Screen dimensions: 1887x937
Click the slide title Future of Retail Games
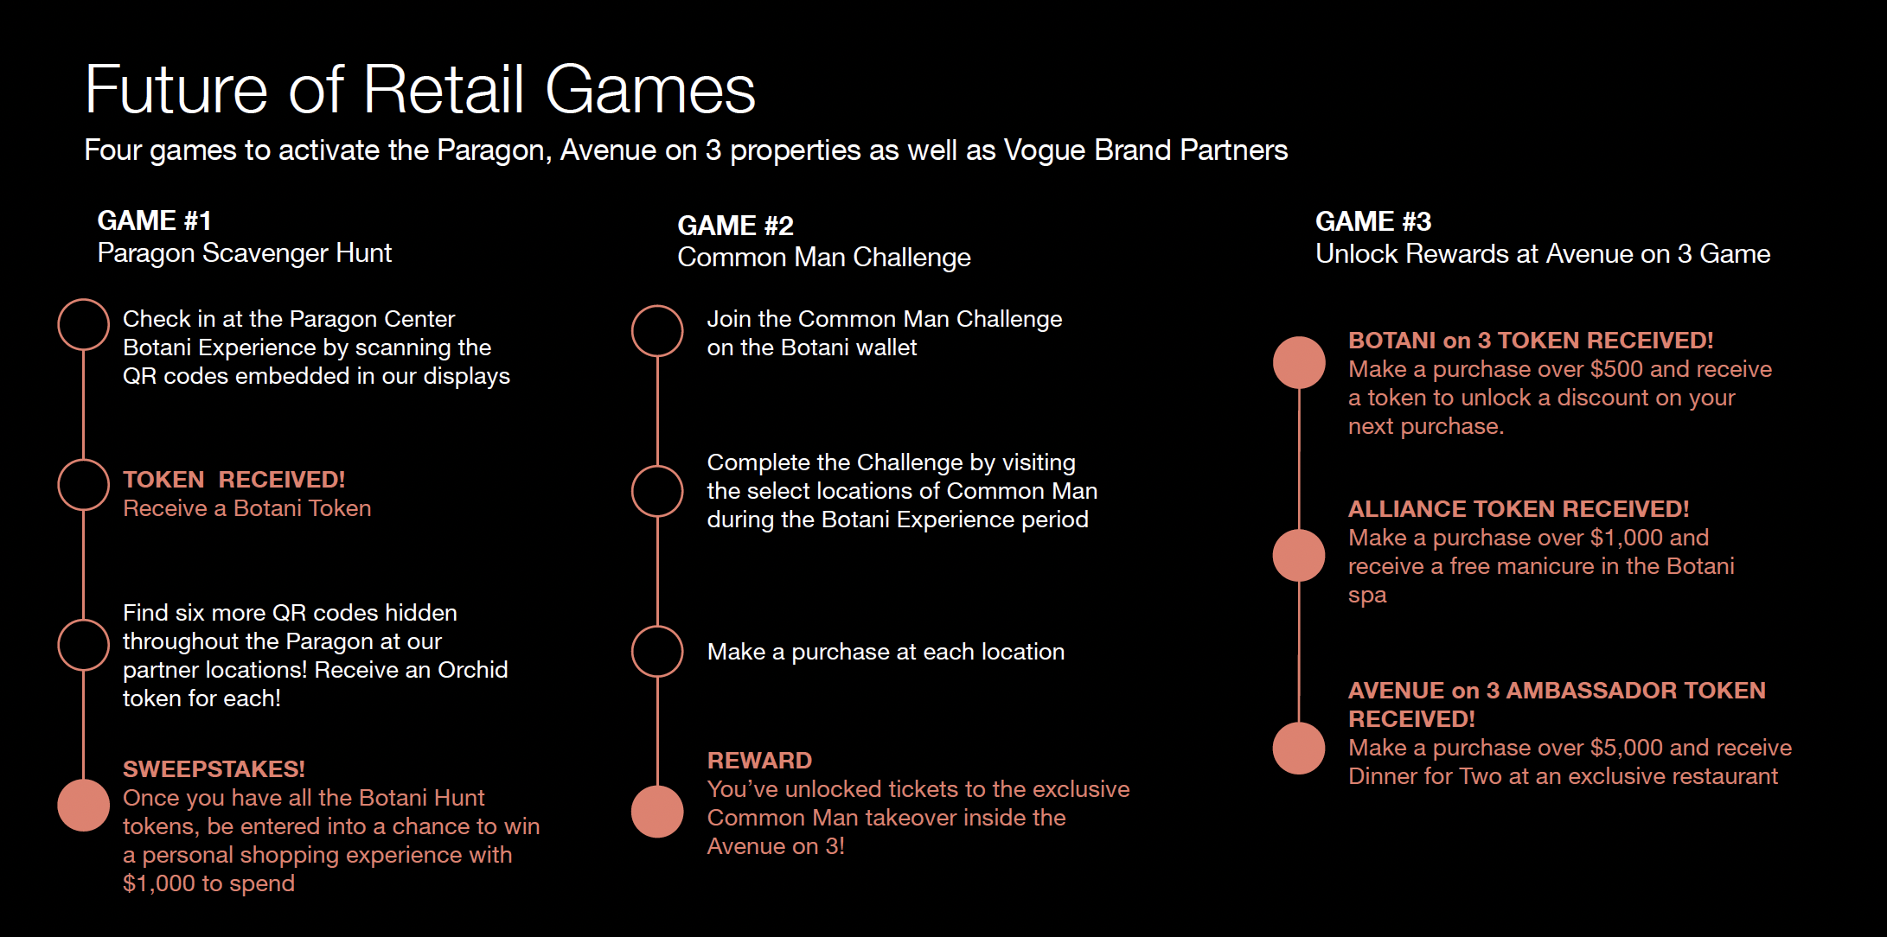coord(419,89)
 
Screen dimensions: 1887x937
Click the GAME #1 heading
coord(154,220)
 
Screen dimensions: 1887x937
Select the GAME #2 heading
coord(735,226)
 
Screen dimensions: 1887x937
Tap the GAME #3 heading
coord(1372,221)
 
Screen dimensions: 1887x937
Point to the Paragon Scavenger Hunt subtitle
coord(244,253)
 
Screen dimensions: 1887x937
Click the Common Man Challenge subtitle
coord(823,258)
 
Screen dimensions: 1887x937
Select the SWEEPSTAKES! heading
coord(214,769)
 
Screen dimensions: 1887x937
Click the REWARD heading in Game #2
coord(759,761)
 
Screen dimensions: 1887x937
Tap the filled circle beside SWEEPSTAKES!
coord(83,805)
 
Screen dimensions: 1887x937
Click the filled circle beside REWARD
coord(657,812)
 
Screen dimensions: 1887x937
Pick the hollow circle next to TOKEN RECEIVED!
coord(83,485)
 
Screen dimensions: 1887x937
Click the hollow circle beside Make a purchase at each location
coord(657,652)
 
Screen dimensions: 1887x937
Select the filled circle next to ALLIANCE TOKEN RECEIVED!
coord(1299,555)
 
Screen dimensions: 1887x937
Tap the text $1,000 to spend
coord(208,883)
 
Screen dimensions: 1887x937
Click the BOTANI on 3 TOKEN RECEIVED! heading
coord(1530,341)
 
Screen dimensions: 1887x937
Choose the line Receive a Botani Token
coord(246,508)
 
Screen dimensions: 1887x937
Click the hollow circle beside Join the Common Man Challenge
coord(657,331)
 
